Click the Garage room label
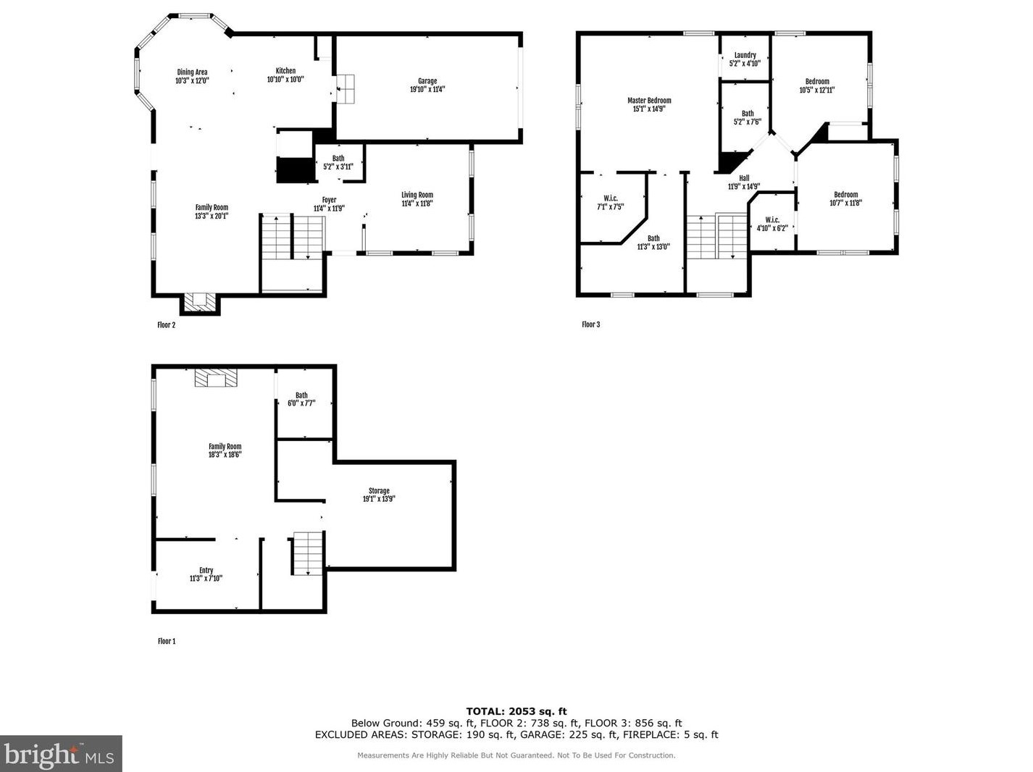pos(427,81)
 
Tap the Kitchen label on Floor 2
pos(285,70)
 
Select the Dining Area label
pos(192,72)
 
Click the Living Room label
pos(417,195)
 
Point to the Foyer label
pos(329,200)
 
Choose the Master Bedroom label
pos(649,100)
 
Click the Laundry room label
pos(745,55)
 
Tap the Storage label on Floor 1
pos(379,491)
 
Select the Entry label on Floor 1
pos(206,570)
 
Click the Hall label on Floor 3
pos(744,178)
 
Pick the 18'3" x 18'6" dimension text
pos(225,455)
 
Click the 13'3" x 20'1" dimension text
pos(212,216)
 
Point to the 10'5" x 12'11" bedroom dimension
pos(817,90)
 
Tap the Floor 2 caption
pos(166,324)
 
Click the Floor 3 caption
pos(590,324)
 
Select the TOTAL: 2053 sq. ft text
pos(516,711)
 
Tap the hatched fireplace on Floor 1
pos(216,378)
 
